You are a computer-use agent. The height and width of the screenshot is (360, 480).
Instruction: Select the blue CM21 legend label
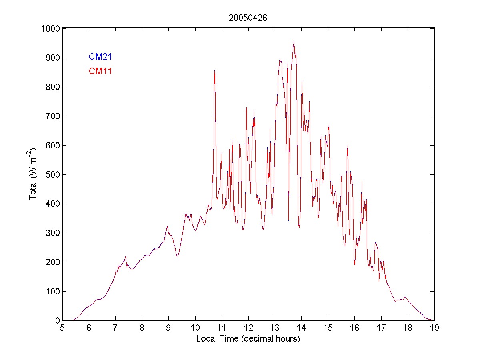100,57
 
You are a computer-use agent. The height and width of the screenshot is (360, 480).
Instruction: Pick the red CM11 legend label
100,71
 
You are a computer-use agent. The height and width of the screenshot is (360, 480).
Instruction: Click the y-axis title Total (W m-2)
33,174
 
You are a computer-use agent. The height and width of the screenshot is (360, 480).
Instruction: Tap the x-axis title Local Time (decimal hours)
248,339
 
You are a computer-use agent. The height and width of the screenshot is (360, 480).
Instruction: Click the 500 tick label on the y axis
52,174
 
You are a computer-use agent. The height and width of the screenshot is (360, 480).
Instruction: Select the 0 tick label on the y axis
57,320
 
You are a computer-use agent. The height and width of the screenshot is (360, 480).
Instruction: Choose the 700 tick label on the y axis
52,116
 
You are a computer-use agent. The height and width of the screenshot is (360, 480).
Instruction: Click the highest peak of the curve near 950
294,41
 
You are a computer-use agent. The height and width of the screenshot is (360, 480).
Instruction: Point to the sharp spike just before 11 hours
215,71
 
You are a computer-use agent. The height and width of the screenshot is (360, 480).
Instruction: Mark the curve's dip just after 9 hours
177,256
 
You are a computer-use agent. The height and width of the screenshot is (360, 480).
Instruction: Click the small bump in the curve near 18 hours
405,297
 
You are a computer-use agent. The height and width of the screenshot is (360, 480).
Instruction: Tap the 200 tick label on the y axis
52,262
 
